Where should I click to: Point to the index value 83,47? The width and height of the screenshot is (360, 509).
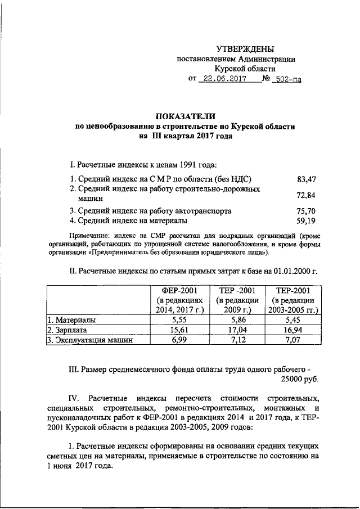tap(306, 179)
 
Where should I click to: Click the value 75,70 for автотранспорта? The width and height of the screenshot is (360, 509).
tap(306, 211)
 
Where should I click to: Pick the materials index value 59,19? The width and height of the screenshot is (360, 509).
tap(306, 221)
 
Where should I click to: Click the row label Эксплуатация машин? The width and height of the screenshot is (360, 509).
tap(93, 340)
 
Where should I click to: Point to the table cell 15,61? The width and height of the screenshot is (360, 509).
tap(178, 330)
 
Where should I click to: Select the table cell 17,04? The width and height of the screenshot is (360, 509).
tap(236, 330)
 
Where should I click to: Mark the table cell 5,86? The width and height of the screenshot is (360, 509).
tap(236, 319)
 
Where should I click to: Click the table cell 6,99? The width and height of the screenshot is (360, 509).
tap(178, 340)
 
